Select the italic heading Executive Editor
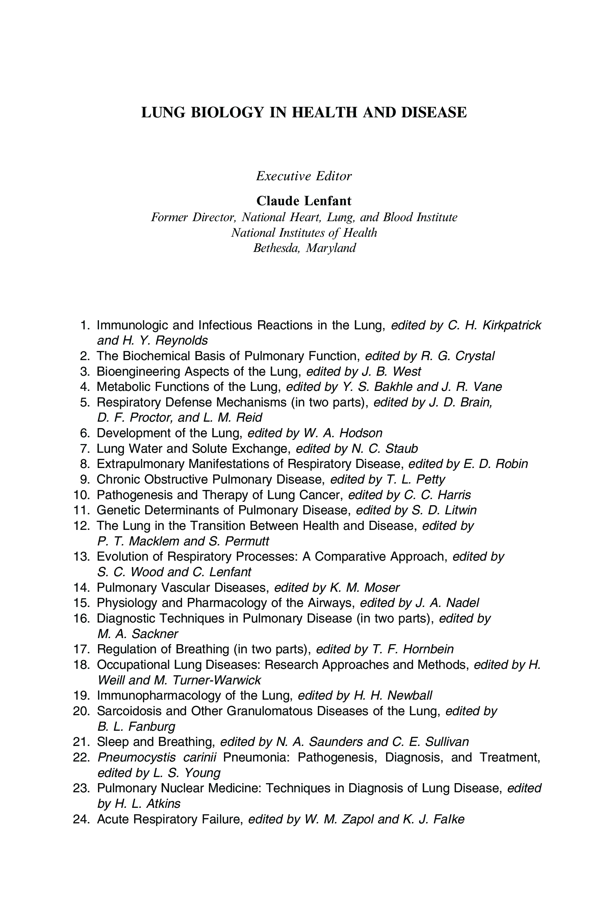pyautogui.click(x=304, y=176)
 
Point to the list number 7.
pyautogui.click(x=85, y=449)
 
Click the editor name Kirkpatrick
pyautogui.click(x=511, y=325)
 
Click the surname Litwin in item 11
pyautogui.click(x=461, y=510)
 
